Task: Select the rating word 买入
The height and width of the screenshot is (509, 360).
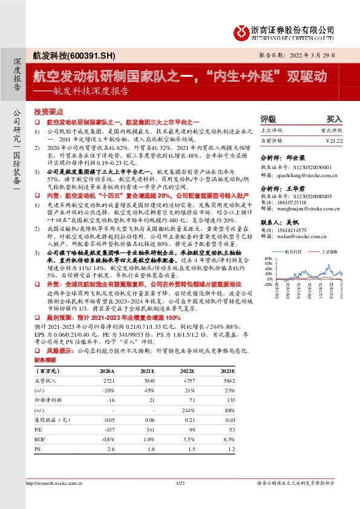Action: [334, 119]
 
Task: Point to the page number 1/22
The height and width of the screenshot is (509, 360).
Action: [180, 483]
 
